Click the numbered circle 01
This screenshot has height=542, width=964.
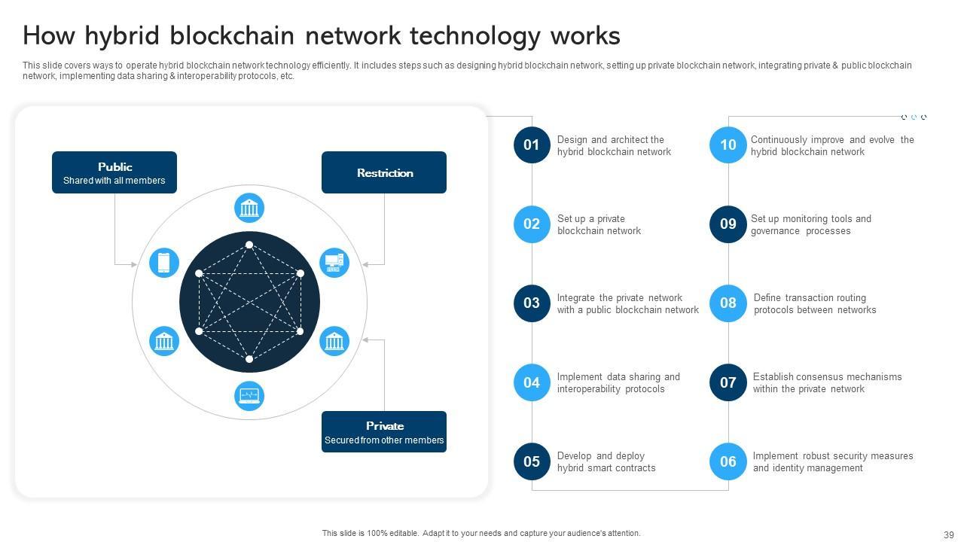(532, 145)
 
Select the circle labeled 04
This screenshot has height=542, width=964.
(532, 382)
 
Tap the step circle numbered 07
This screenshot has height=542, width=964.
(728, 382)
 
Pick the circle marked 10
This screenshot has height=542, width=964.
(728, 145)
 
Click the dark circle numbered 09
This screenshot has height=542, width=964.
(728, 224)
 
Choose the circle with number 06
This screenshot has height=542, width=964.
(728, 461)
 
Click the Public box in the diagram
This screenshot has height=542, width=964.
(114, 172)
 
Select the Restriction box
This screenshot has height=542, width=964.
(384, 172)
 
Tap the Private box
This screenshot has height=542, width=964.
(384, 431)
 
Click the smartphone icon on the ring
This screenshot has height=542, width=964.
(164, 263)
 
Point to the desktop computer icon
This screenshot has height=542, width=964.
(334, 263)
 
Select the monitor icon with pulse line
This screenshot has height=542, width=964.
(249, 396)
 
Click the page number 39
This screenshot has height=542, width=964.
(948, 534)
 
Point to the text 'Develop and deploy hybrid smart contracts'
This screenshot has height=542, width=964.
(606, 462)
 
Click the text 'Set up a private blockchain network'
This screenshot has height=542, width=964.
(599, 225)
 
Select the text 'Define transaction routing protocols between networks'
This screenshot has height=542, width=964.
(815, 304)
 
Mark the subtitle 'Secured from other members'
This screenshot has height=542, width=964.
(384, 440)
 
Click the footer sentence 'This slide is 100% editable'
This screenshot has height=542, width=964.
(481, 534)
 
